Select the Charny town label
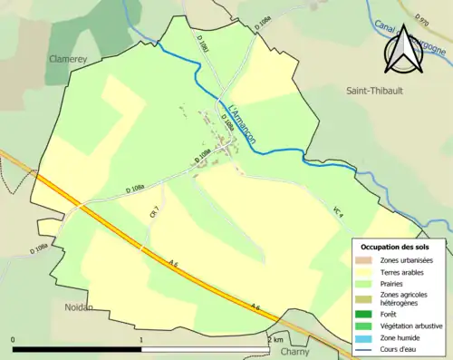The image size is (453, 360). (294, 352)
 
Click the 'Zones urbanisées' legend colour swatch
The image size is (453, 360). (367, 260)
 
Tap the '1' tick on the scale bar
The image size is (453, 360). (141, 339)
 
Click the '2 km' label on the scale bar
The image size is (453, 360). (276, 339)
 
